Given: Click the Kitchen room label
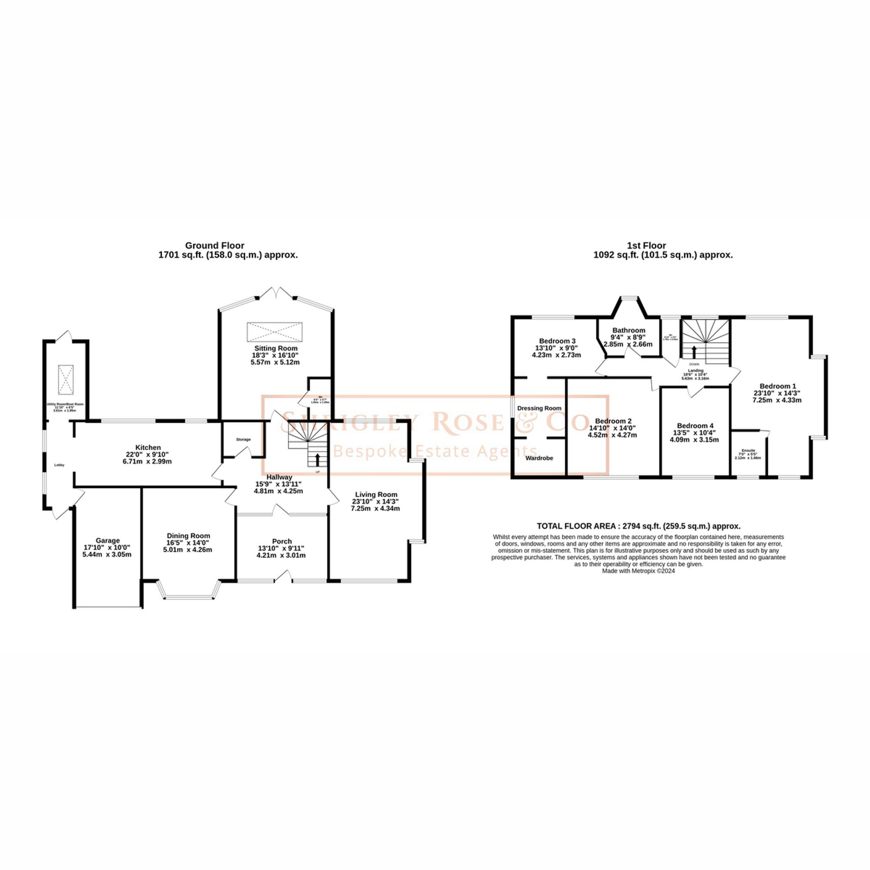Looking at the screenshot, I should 148,448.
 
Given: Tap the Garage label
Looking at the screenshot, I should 107,540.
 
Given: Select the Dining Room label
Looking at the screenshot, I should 188,535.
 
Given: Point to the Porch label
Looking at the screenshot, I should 282,541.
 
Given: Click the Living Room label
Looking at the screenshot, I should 375,494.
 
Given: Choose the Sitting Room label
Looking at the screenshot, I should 276,348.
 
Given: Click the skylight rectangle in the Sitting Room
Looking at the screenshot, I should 274,332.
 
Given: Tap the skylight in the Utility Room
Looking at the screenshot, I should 66,380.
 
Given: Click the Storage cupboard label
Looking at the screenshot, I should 243,439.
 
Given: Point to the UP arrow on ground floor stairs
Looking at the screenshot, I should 318,459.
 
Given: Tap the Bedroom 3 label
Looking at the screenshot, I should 557,341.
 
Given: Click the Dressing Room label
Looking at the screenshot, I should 539,408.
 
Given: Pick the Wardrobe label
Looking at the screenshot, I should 539,458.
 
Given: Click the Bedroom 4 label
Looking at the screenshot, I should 695,425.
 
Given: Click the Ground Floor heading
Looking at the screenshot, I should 215,245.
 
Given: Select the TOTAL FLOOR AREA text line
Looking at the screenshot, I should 639,525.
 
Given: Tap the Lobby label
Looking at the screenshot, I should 59,465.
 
